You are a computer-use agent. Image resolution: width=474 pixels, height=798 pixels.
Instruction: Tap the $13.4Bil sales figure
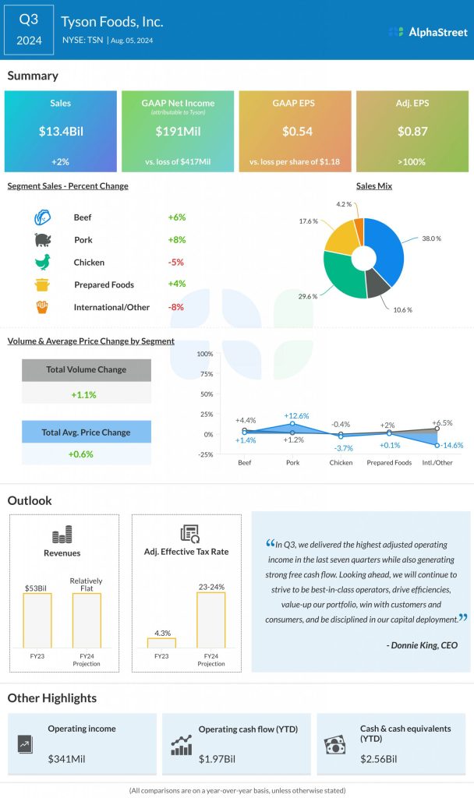(60, 131)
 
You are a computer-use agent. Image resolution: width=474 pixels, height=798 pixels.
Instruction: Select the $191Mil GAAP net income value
(178, 131)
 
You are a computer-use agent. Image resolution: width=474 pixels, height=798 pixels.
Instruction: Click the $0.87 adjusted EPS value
(412, 131)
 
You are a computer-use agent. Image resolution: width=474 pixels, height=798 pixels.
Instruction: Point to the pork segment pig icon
(42, 240)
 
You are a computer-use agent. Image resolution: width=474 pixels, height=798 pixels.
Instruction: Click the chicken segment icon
(42, 263)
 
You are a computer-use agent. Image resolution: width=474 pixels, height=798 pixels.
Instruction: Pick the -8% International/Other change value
(176, 307)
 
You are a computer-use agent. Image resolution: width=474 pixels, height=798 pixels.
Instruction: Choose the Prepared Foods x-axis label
(389, 462)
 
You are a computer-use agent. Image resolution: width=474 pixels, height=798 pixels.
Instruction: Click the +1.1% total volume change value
(83, 394)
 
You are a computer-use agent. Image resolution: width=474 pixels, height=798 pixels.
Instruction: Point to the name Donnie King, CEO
(423, 645)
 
